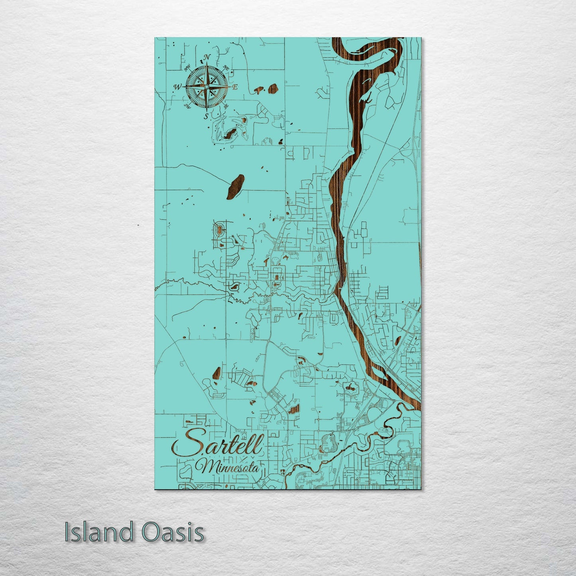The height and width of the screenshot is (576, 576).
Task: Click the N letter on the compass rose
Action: coord(206,57)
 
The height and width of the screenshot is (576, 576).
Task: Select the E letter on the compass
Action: coord(235,87)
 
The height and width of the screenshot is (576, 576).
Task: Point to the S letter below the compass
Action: coord(206,116)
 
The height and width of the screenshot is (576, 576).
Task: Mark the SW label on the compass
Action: coord(187,106)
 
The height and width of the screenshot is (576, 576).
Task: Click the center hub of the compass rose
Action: coord(206,86)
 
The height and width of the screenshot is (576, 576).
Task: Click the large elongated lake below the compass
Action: coord(235,186)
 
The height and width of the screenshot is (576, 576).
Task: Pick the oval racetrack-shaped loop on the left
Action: coord(219,230)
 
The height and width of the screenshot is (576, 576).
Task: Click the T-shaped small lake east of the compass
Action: coord(259,90)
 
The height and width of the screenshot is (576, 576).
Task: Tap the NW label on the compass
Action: coord(187,67)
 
